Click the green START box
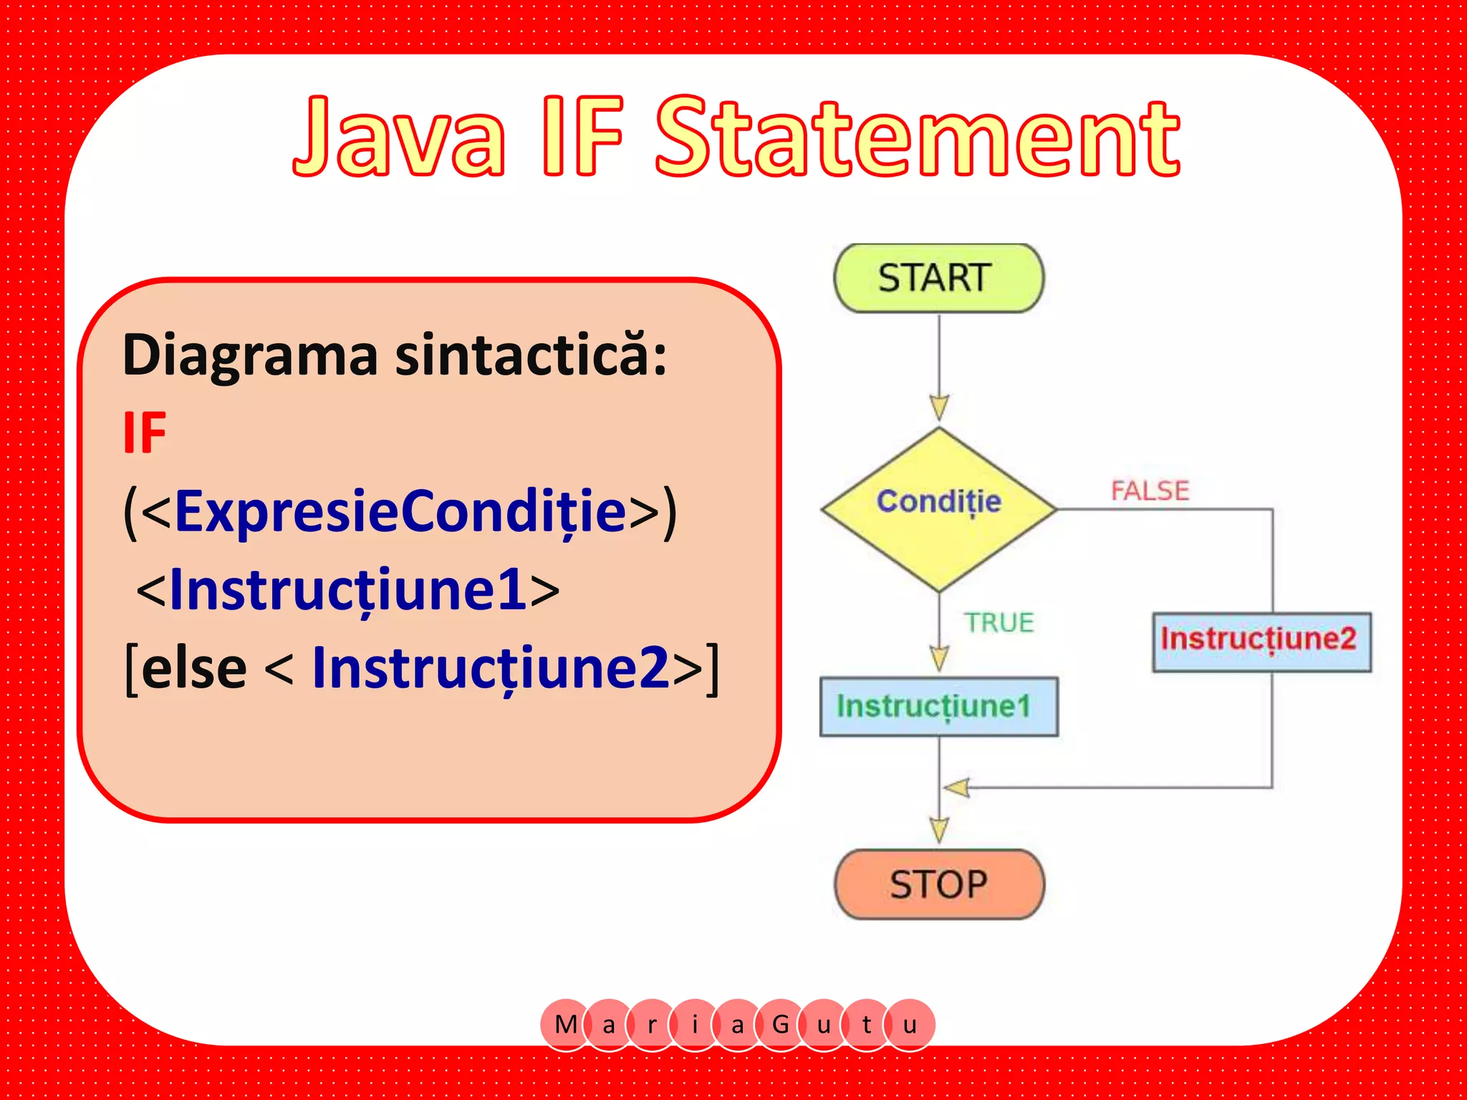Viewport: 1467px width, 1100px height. pyautogui.click(x=938, y=278)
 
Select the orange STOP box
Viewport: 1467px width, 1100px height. pyautogui.click(x=938, y=884)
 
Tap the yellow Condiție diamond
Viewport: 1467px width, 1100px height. pyautogui.click(x=938, y=509)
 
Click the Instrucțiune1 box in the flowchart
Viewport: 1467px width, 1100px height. pyautogui.click(x=938, y=706)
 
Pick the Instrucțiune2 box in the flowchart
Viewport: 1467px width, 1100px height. pyautogui.click(x=1261, y=641)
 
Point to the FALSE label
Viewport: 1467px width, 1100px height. pyautogui.click(x=1150, y=491)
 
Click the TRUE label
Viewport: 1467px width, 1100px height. pyautogui.click(x=999, y=622)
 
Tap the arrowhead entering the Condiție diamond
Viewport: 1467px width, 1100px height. pyautogui.click(x=939, y=407)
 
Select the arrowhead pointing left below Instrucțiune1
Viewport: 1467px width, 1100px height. pyautogui.click(x=957, y=788)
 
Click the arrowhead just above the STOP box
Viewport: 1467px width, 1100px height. pyautogui.click(x=939, y=829)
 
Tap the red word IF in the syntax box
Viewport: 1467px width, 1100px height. pyautogui.click(x=145, y=433)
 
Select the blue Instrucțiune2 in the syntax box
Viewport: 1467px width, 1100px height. pyautogui.click(x=491, y=667)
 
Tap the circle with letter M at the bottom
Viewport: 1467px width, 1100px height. pyautogui.click(x=566, y=1024)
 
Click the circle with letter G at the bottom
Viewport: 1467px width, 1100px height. pyautogui.click(x=781, y=1024)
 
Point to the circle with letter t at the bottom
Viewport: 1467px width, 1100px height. pyautogui.click(x=867, y=1024)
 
